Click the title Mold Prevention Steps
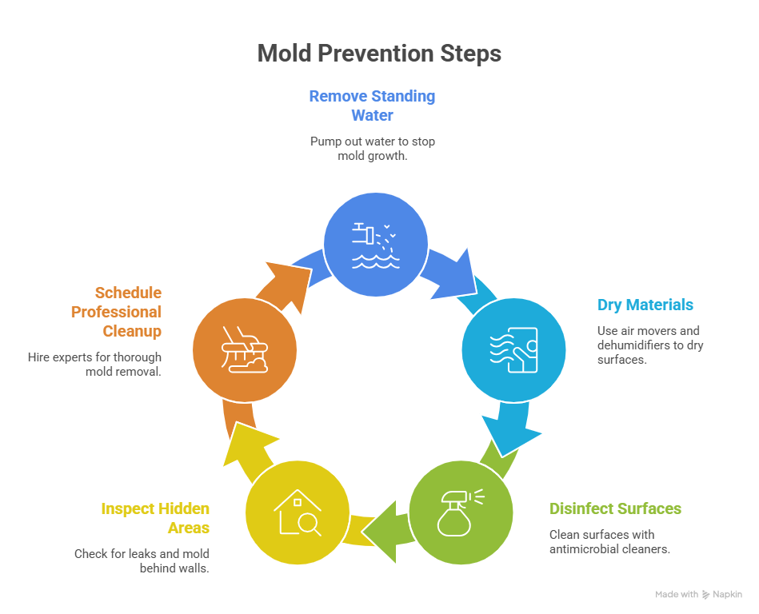pos(379,54)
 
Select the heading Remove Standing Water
pos(372,106)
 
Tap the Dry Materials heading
pos(645,305)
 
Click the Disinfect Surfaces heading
pos(615,508)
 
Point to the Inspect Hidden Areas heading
pos(155,518)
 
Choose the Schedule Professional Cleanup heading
pos(117,312)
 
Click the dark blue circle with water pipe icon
pos(375,244)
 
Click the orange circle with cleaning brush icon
pos(245,349)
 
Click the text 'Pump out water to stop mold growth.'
pos(372,149)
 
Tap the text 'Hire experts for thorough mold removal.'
pos(94,365)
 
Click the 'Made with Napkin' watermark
pos(698,595)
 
